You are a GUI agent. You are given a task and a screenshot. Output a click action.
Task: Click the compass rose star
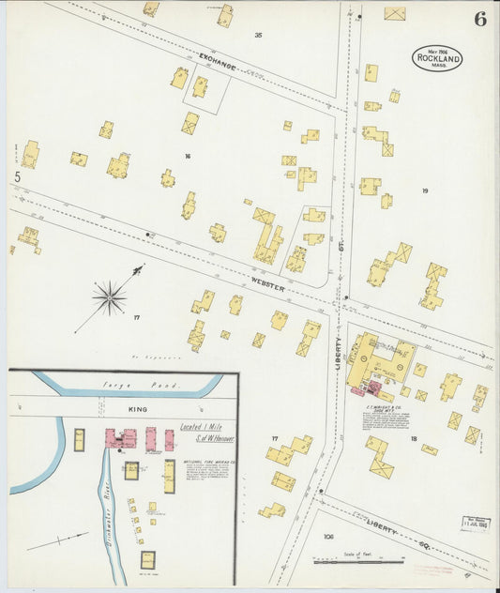tap(110, 298)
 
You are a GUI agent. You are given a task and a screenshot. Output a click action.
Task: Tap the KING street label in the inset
tap(138, 410)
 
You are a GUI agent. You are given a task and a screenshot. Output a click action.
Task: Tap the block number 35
tap(258, 35)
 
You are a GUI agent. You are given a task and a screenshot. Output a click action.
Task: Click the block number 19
tap(424, 190)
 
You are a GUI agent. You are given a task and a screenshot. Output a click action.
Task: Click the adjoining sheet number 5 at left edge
tap(17, 176)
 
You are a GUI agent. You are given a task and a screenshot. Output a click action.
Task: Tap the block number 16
tap(187, 156)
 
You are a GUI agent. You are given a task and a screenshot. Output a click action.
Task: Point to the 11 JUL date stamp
tap(474, 524)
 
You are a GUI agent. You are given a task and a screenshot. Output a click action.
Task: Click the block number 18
tap(413, 438)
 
